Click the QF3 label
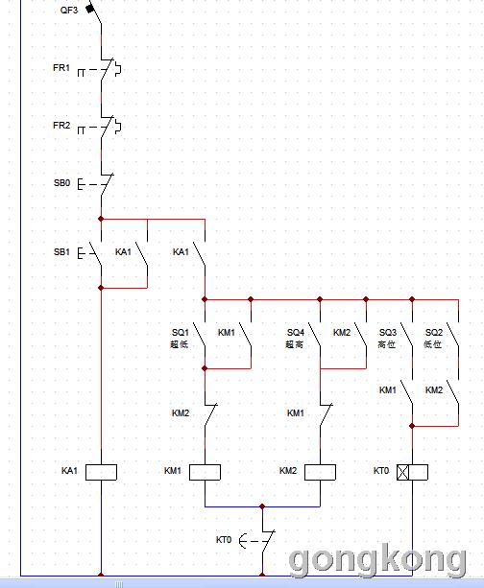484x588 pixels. [69, 11]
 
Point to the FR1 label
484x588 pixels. [61, 68]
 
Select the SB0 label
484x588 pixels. [62, 183]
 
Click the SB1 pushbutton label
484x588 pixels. [61, 252]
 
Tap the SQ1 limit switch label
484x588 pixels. [181, 333]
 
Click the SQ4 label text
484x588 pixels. [296, 333]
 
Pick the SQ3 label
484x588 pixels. [388, 333]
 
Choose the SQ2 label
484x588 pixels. [434, 333]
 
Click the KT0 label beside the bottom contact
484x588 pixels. [224, 540]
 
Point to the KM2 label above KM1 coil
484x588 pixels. [181, 413]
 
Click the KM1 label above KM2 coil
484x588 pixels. [296, 413]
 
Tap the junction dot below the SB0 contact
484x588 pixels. [101, 219]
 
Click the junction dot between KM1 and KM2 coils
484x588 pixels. [262, 506]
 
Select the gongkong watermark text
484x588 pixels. [377, 560]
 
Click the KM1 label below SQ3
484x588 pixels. [388, 390]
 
